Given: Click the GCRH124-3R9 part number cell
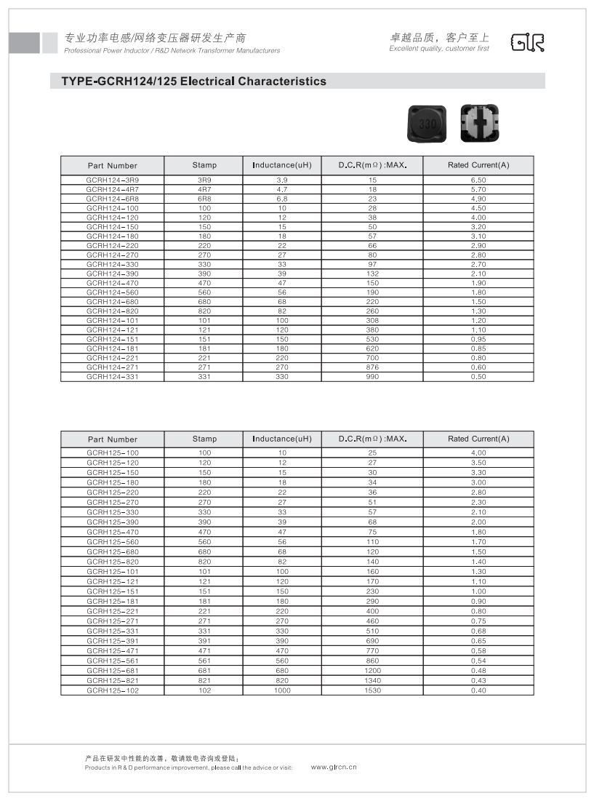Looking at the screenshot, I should tap(112, 179).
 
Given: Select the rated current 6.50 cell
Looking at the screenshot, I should tap(478, 179).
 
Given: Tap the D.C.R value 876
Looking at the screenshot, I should tap(372, 367).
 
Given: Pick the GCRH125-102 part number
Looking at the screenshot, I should tap(112, 690).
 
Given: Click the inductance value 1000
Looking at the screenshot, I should tap(282, 690).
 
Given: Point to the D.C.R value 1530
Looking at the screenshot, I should tap(372, 690).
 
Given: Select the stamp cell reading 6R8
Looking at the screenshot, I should tap(204, 198).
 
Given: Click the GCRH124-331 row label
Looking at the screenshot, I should tap(112, 377).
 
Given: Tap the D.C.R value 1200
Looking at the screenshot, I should tap(372, 671).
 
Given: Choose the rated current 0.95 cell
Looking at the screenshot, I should tap(478, 339).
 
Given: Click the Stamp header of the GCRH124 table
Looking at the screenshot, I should tap(204, 165).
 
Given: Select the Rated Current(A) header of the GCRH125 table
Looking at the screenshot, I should tap(478, 439).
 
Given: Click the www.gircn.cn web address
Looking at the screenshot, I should tap(334, 767).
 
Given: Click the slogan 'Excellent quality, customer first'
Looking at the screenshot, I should tap(439, 49).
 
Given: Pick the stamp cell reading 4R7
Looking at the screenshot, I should tap(204, 188).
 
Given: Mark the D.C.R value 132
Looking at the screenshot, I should tap(372, 274).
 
